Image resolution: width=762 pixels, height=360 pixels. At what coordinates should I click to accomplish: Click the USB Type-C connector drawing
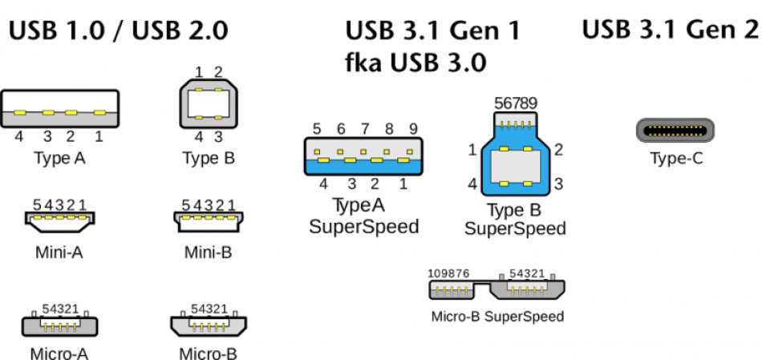(675, 131)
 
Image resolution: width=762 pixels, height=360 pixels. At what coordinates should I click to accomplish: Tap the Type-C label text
(676, 159)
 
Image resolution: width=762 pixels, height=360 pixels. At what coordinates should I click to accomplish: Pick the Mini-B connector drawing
(207, 220)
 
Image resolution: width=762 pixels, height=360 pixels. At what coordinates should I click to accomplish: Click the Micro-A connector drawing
(59, 324)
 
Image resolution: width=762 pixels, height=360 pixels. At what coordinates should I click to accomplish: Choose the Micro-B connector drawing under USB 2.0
(208, 324)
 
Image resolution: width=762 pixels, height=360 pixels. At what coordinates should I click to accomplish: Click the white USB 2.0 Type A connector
(60, 108)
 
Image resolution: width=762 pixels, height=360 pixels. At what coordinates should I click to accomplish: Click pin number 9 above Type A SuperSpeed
(413, 129)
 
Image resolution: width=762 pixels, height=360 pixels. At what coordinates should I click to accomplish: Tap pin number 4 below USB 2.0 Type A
(20, 136)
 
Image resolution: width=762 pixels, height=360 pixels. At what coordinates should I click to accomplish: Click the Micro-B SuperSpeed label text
(497, 316)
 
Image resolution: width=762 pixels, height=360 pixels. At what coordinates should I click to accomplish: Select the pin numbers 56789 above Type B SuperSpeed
(516, 103)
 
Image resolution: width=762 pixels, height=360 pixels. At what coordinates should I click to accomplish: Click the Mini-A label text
(59, 253)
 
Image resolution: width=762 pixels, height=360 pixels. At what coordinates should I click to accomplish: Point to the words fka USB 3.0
(415, 63)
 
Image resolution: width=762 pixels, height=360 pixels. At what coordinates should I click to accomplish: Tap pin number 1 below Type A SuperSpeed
(403, 184)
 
